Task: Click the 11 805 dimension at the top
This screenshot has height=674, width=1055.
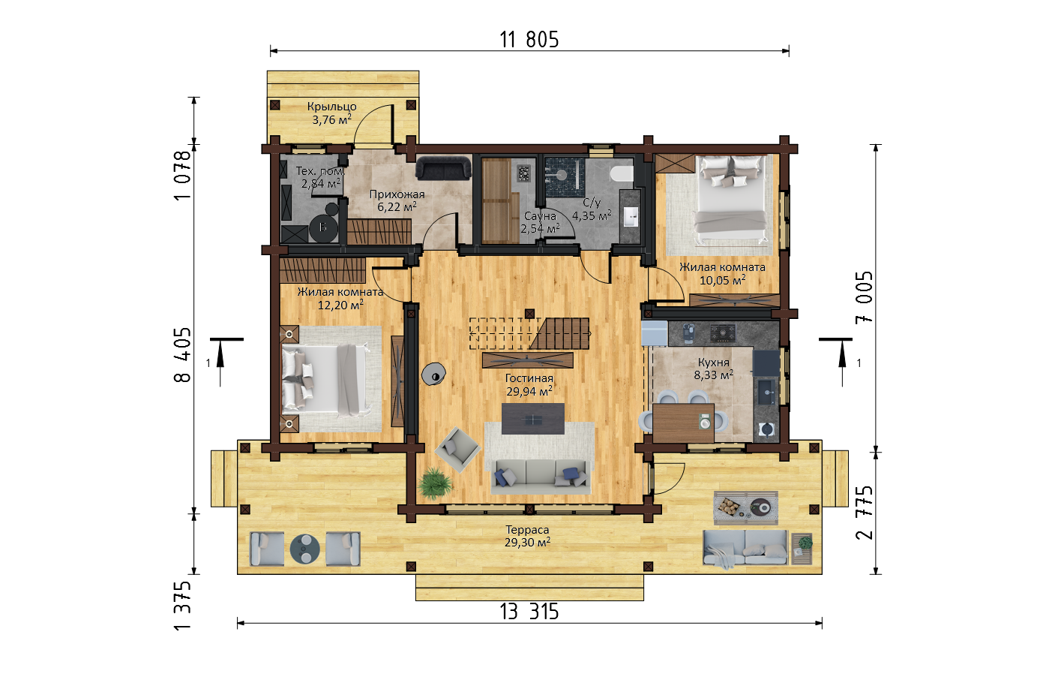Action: [529, 40]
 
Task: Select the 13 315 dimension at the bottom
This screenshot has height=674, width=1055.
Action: [529, 612]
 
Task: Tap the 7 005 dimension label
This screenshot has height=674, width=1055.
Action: [865, 297]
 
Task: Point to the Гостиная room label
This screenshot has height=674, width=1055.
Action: [529, 378]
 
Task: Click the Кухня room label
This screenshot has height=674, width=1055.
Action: [714, 363]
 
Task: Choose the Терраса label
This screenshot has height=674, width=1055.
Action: [528, 530]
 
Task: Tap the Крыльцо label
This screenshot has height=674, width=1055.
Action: [331, 107]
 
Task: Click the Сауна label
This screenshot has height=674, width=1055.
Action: [540, 216]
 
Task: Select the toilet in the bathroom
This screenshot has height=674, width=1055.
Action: [621, 173]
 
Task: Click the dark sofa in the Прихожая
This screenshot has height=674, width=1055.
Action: [443, 168]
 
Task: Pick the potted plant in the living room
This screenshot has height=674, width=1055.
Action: [434, 483]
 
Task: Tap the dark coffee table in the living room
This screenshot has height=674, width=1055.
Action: [532, 419]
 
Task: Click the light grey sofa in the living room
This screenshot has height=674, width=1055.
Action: [541, 477]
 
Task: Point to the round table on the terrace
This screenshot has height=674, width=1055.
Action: [304, 548]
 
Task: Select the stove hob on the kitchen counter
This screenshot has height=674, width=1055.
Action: [723, 332]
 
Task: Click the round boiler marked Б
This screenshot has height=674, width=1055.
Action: [323, 227]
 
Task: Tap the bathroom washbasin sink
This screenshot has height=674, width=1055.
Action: [631, 217]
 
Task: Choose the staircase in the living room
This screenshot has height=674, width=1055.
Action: [529, 333]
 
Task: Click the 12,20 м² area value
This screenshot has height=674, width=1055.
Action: [340, 305]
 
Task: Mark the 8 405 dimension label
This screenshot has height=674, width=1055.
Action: [183, 354]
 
